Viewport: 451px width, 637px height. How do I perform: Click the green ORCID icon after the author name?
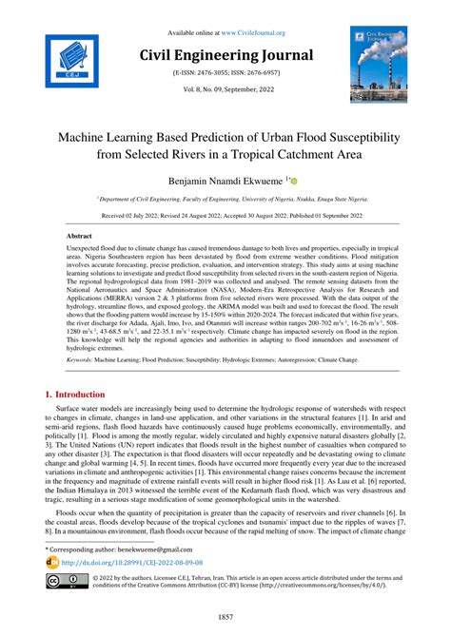[293, 180]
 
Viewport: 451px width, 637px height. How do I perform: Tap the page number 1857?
[225, 617]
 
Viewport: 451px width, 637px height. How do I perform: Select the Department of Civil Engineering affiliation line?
[224, 200]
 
